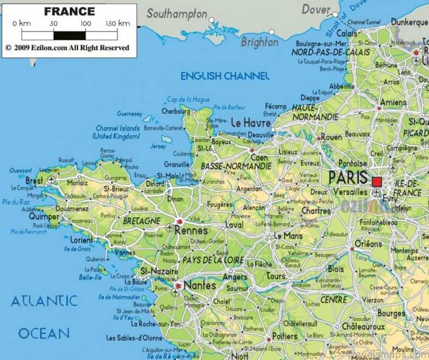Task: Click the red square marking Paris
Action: [x=377, y=181]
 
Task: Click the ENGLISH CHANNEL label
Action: [x=225, y=76]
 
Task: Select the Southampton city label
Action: [x=177, y=14]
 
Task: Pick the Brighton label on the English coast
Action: [x=259, y=42]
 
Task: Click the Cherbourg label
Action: [x=176, y=111]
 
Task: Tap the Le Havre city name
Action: [x=250, y=123]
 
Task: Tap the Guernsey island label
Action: [x=130, y=114]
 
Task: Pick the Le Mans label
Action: [x=288, y=236]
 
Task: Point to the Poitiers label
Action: [x=284, y=336]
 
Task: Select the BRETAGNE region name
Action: [x=142, y=221]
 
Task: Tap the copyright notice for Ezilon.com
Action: [x=68, y=48]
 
